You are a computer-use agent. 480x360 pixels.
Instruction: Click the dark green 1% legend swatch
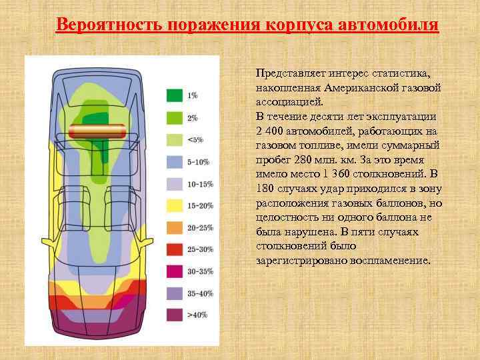click(x=175, y=95)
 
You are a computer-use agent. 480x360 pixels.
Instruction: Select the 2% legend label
click(x=193, y=118)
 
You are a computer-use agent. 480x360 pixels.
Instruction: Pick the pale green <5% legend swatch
click(x=175, y=140)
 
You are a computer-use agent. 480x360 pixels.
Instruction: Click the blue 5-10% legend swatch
click(x=175, y=161)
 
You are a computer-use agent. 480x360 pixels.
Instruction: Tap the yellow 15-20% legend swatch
click(x=175, y=205)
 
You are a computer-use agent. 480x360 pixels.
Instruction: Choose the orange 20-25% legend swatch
click(x=175, y=227)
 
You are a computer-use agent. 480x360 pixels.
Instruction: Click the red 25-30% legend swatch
click(x=175, y=249)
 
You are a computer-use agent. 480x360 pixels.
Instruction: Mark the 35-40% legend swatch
click(x=175, y=293)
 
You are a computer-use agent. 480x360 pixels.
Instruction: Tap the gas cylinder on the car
click(x=98, y=131)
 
